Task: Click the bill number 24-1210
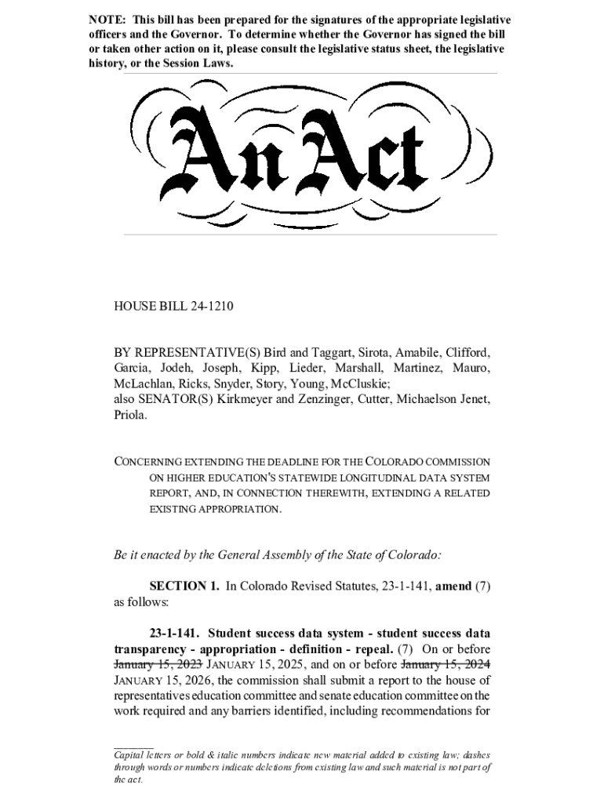[207, 306]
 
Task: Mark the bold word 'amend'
[453, 586]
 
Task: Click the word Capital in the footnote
[131, 754]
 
